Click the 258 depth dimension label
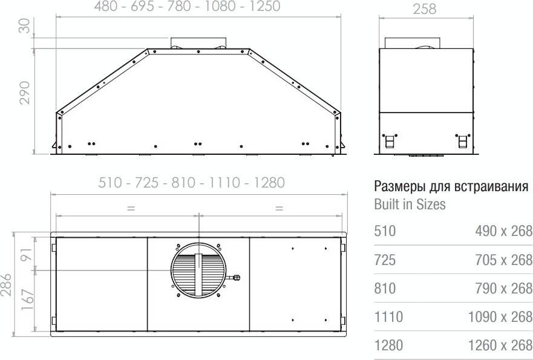425,9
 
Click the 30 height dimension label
24,26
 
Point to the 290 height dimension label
24,93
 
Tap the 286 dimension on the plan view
6,285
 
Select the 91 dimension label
28,254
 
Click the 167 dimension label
28,299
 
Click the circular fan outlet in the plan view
198,270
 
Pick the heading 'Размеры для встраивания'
451,186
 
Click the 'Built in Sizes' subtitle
410,204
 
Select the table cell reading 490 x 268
504,231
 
